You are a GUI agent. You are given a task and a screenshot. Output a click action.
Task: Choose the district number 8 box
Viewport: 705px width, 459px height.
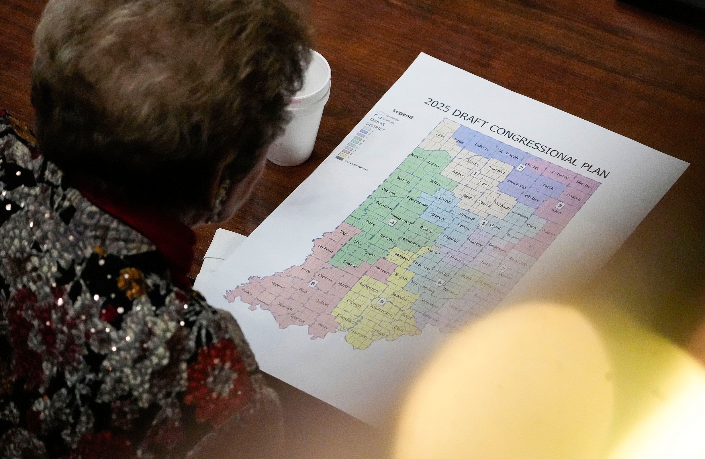click(312, 283)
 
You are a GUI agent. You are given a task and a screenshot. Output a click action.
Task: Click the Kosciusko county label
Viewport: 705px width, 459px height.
click(516, 184)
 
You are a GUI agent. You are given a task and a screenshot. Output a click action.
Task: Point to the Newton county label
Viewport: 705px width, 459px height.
click(418, 157)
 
